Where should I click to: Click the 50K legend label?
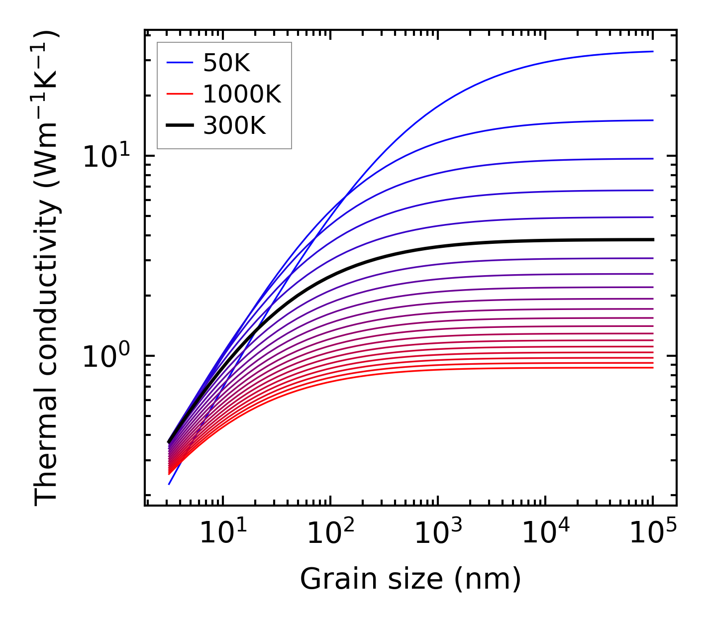click(226, 63)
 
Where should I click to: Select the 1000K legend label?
click(242, 94)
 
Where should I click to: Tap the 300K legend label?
click(234, 126)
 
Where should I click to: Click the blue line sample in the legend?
click(179, 63)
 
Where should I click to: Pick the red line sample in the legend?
click(179, 94)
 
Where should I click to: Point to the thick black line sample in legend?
click(179, 126)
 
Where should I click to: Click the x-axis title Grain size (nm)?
click(410, 579)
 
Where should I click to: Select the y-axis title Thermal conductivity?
click(47, 269)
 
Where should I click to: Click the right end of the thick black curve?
click(652, 239)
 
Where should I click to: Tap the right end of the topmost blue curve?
click(652, 51)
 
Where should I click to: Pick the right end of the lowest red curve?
click(652, 367)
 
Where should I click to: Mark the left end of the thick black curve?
click(169, 442)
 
